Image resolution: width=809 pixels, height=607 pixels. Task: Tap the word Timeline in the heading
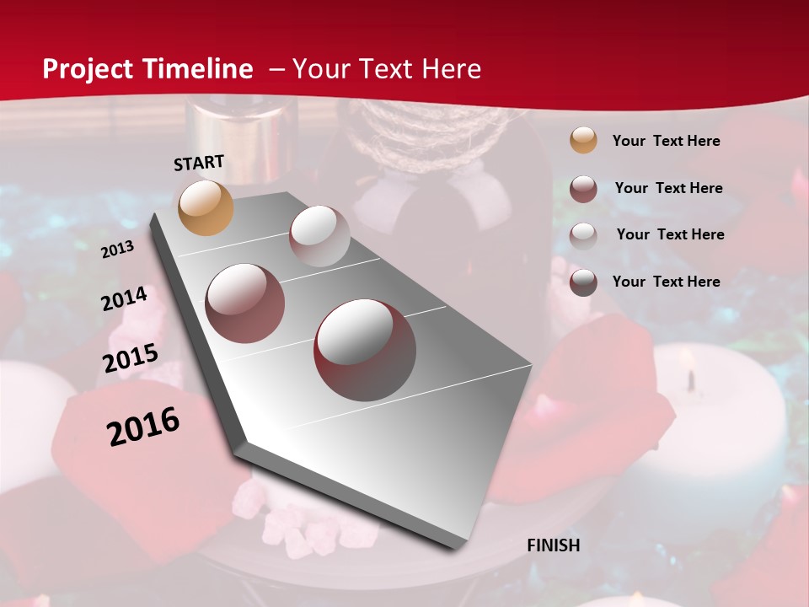point(198,69)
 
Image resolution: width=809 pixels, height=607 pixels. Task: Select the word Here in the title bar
point(451,69)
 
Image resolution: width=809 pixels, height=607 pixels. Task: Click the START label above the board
point(199,162)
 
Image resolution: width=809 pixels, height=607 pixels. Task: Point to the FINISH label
point(554,545)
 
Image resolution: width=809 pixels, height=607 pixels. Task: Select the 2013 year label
point(117,250)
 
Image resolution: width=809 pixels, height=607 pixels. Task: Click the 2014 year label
point(124,299)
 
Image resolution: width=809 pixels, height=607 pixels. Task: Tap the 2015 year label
point(130,358)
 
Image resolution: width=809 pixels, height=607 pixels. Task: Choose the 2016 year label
point(143,427)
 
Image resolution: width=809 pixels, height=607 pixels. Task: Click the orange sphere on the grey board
point(206,207)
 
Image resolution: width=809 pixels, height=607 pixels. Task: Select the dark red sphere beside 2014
point(245,303)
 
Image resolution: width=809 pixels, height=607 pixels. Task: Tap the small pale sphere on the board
point(319,236)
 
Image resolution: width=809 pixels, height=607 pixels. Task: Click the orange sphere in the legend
point(583,141)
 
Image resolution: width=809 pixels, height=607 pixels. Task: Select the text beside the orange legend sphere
point(666,141)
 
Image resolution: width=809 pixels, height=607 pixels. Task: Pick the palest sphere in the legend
point(583,235)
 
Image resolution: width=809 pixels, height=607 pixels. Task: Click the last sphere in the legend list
point(583,282)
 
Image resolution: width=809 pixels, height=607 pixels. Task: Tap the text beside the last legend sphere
point(666,282)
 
